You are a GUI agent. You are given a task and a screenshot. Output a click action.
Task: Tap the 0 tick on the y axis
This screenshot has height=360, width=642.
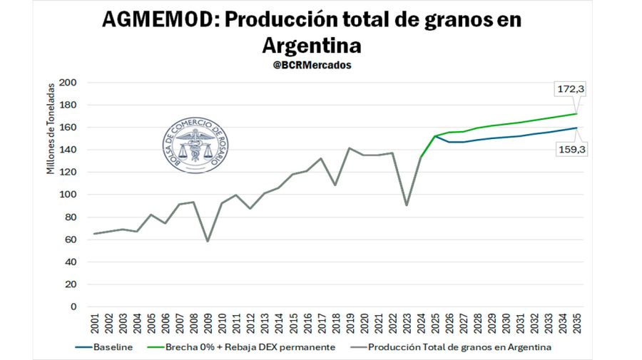point(73,307)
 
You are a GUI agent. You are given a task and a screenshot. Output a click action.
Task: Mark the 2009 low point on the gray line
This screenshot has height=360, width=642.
point(208,241)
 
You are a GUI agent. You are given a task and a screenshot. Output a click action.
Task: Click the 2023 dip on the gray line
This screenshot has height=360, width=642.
point(406,205)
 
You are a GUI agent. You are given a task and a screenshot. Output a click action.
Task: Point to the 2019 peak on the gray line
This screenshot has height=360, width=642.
point(350,148)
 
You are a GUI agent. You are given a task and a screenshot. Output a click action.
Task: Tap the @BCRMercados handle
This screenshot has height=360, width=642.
point(312,65)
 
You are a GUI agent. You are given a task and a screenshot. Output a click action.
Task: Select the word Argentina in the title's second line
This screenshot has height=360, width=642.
point(312,45)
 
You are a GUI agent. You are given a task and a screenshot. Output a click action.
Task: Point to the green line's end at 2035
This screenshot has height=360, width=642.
point(576,114)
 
